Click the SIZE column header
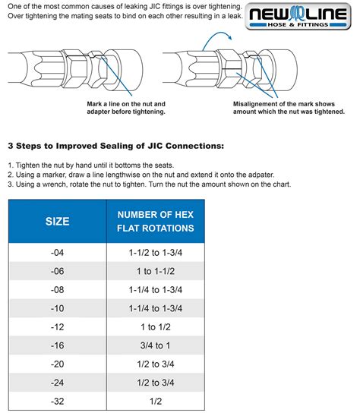(x=56, y=222)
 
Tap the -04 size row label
(x=56, y=252)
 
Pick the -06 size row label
(x=56, y=271)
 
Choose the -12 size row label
(x=56, y=327)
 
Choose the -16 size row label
(x=56, y=346)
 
